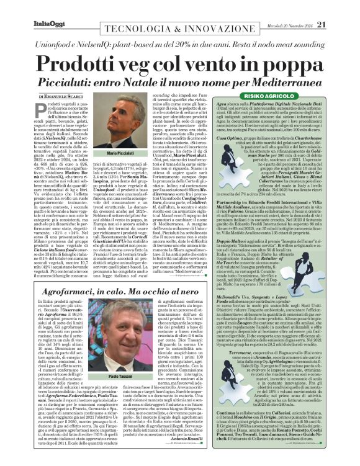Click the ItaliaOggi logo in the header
coord(30,7)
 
